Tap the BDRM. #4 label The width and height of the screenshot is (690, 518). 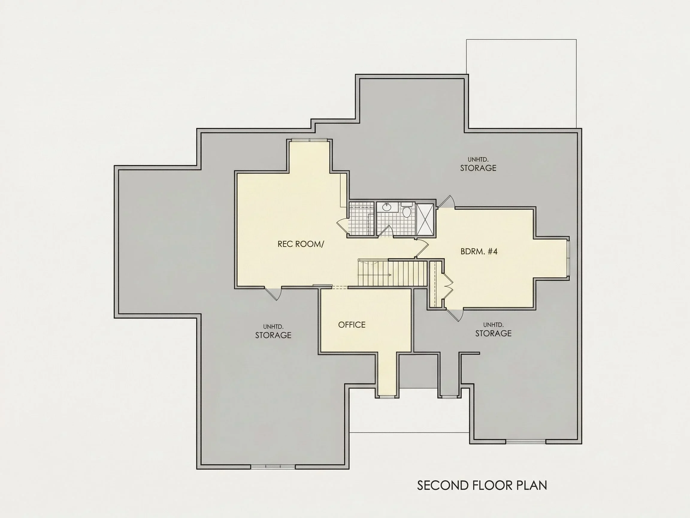coord(479,251)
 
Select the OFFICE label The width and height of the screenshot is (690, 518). coord(352,325)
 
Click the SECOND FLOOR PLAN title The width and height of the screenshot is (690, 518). coord(482,486)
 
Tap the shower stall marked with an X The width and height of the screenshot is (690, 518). coord(425,219)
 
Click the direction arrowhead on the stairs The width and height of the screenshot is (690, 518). coord(390,275)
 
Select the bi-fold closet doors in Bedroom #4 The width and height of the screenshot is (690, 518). coord(447,285)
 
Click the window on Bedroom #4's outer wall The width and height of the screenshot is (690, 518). coord(568,258)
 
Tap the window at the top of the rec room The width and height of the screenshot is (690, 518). coord(309,140)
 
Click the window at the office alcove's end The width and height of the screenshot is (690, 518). coord(387,397)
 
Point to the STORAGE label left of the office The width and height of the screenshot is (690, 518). coord(273,335)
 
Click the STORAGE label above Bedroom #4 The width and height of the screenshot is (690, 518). coord(478,168)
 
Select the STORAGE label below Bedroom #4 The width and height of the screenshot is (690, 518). coord(493,333)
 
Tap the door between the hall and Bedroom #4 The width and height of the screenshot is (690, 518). coord(422,249)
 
